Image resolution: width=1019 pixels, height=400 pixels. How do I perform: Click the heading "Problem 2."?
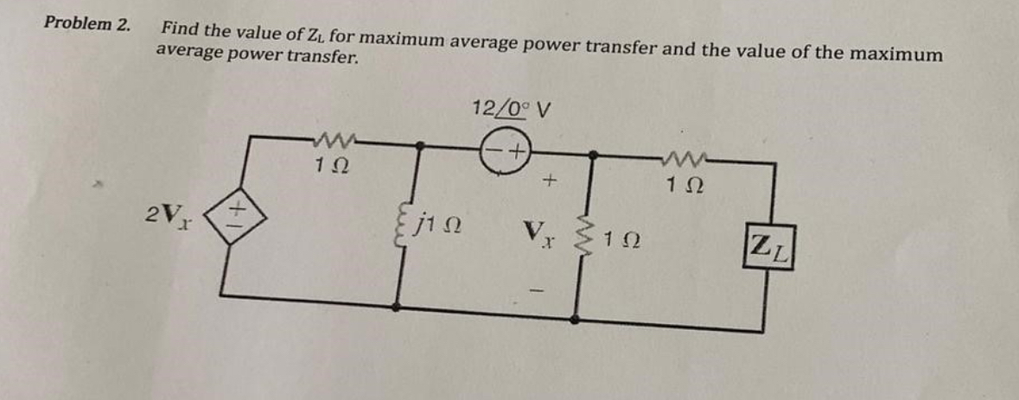coord(87,22)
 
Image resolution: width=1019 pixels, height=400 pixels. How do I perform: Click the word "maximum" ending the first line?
coord(900,54)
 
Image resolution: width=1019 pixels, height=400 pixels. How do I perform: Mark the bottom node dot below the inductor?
coord(397,304)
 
